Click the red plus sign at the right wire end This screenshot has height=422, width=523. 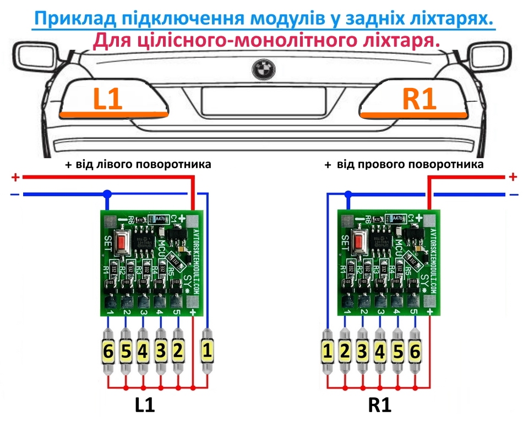coord(513,177)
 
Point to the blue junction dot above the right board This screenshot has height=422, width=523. coord(348,194)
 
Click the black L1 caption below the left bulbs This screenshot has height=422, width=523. coord(145,405)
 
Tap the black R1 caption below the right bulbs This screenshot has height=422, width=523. coord(380,405)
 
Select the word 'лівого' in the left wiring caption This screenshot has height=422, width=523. coord(102,164)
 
